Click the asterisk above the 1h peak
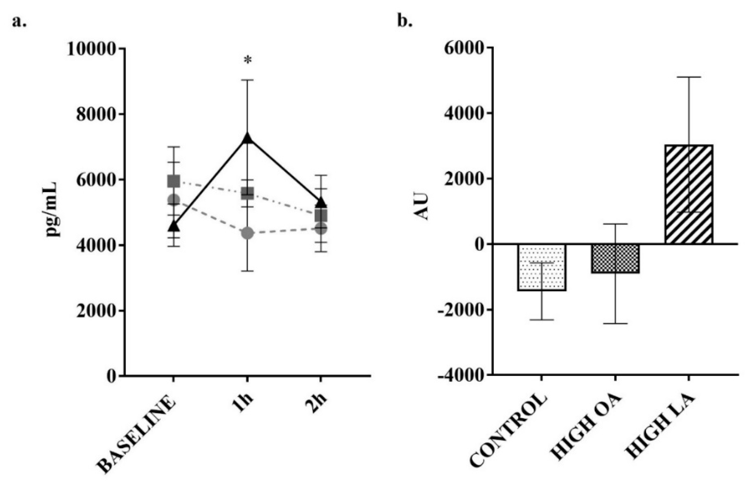[248, 60]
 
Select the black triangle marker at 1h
[247, 138]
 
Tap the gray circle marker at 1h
[247, 233]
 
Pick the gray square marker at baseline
[174, 181]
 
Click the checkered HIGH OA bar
[615, 258]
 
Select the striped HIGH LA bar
[689, 194]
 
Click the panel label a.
[19, 22]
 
